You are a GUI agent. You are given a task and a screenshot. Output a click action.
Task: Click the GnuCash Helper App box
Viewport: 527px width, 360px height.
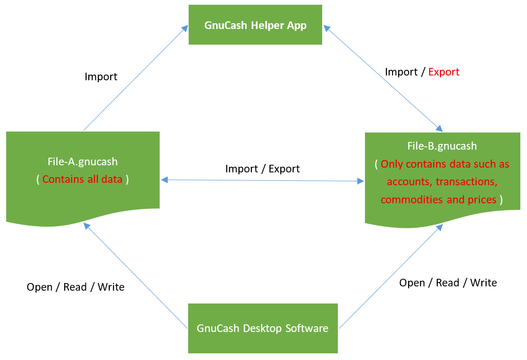[256, 25]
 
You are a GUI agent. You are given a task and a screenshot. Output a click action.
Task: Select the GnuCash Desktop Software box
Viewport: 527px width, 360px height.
[263, 328]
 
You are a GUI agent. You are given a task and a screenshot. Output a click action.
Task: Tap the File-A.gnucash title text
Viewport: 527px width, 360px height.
[83, 161]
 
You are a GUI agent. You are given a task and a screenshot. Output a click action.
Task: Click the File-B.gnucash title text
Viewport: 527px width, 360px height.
[442, 146]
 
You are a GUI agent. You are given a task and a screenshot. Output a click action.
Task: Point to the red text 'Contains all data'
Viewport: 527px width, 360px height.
[82, 179]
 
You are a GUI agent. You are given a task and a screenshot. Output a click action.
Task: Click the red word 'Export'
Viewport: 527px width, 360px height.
[444, 72]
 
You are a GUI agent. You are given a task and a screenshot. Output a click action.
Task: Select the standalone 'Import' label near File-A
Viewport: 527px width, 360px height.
[101, 76]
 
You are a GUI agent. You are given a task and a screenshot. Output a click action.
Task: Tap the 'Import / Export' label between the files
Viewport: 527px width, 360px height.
[262, 169]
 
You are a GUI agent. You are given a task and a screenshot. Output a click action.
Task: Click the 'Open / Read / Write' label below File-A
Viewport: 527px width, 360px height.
[76, 287]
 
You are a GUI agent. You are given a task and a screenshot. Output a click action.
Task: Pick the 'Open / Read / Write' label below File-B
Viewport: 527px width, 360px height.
[448, 283]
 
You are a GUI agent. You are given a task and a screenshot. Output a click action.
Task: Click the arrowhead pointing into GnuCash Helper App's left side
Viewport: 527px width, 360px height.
[184, 28]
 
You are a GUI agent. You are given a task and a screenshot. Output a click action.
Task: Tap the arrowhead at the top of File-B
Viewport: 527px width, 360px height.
[439, 128]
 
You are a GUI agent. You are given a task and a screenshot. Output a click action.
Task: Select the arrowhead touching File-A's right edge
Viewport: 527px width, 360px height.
[164, 180]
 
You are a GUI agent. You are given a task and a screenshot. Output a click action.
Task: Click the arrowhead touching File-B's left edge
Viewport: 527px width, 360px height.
[361, 181]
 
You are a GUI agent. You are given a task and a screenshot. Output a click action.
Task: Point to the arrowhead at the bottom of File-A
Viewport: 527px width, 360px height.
[86, 226]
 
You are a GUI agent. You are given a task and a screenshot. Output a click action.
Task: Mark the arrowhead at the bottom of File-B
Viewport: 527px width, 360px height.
[439, 227]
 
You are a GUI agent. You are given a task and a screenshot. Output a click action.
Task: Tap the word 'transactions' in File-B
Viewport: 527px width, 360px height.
[467, 182]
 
